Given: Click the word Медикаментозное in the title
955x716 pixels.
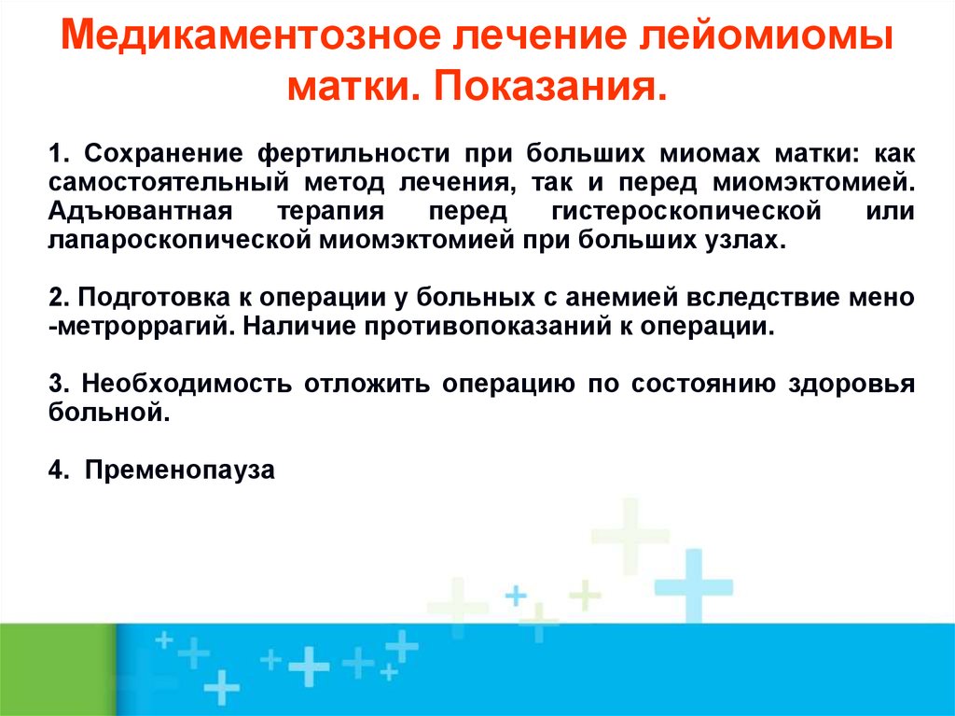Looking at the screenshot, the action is click(250, 36).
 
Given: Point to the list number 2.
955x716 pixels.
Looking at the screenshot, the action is click(59, 298).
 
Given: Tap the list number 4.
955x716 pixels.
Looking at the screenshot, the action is click(59, 470).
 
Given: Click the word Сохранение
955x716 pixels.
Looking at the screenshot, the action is click(164, 155).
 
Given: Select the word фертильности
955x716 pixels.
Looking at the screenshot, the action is click(353, 155).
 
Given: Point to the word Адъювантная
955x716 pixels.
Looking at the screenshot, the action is click(140, 212).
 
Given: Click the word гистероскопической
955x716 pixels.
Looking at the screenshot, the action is click(686, 212).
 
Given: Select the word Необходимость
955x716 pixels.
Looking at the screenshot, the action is click(187, 385).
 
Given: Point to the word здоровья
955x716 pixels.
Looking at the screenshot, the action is click(852, 386).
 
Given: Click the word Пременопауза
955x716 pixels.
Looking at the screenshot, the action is click(180, 471).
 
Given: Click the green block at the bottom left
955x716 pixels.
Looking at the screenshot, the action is click(57, 669).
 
